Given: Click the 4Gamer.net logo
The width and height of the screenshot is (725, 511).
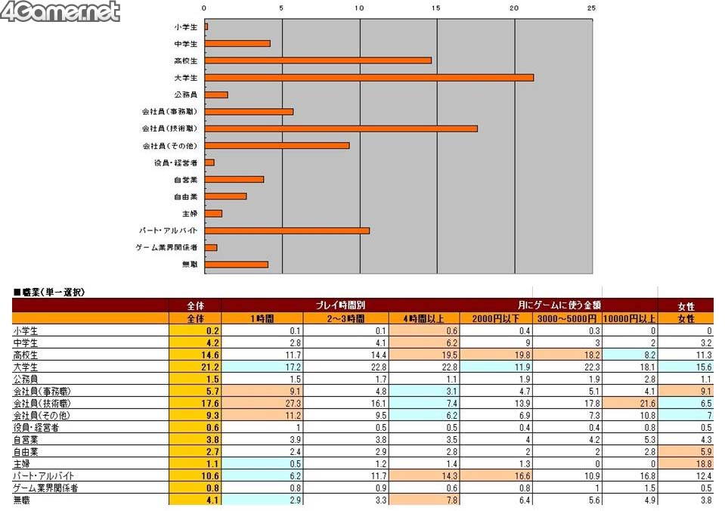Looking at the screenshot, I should click(60, 12).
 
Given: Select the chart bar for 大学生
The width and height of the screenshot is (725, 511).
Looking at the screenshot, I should click(369, 77).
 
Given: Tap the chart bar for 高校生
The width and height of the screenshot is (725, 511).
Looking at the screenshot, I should click(318, 60).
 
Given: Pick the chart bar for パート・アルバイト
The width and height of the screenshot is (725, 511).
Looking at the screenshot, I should click(287, 231).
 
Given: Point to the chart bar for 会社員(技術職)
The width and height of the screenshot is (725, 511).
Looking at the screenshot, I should click(341, 129).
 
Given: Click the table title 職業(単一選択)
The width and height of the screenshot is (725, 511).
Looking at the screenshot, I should click(50, 292).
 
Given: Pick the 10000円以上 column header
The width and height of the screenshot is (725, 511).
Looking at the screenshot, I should click(629, 318).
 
